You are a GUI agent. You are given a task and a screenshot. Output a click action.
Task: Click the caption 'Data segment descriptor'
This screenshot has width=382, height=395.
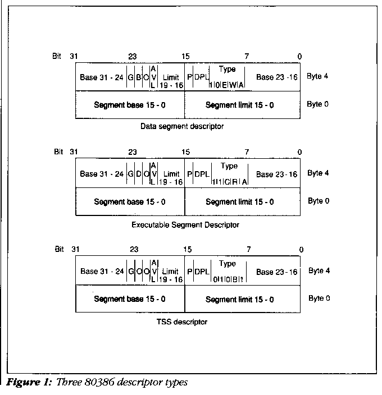(x=182, y=126)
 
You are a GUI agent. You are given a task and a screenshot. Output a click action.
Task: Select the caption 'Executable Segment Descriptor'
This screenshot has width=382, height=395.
(x=185, y=224)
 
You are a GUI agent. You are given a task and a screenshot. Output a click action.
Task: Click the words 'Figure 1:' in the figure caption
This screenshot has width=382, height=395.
(x=26, y=384)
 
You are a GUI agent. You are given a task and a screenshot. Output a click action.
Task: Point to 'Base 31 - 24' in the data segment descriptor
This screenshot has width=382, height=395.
(x=102, y=76)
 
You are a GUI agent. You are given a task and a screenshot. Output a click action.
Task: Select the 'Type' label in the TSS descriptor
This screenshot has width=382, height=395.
(x=228, y=264)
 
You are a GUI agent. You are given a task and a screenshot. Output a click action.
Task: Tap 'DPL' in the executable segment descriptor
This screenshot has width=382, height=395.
(x=201, y=174)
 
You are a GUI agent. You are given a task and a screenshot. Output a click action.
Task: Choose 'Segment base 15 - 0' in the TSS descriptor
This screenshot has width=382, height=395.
(x=130, y=299)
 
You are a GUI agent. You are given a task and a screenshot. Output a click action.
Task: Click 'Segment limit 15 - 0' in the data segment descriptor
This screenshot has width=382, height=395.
(x=240, y=105)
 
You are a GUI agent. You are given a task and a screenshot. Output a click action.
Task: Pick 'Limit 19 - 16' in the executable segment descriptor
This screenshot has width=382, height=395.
(x=171, y=178)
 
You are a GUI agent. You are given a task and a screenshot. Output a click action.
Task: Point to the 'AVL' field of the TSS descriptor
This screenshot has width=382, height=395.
(x=154, y=270)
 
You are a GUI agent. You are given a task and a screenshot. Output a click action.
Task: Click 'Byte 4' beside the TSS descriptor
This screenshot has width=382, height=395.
(x=319, y=270)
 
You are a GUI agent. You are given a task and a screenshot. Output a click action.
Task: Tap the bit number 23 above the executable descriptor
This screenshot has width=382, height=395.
(x=133, y=152)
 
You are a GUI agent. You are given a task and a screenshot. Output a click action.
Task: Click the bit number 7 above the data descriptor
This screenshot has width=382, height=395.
(x=246, y=56)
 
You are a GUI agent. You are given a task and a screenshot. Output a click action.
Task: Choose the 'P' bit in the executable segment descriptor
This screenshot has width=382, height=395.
(x=190, y=174)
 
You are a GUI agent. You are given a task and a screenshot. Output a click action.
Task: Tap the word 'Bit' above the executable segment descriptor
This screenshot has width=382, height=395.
(x=58, y=151)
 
